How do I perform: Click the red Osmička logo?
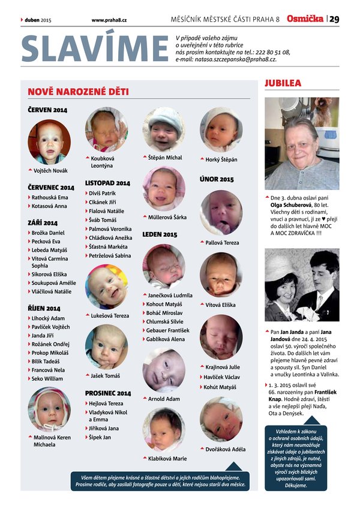click(305, 19)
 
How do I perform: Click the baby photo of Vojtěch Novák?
click(49, 142)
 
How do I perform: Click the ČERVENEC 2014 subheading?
click(51, 188)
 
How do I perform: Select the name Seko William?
click(47, 378)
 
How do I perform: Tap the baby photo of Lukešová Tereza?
click(106, 287)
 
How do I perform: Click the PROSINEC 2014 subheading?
click(108, 393)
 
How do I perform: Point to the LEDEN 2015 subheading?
click(160, 234)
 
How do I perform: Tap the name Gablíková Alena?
click(166, 339)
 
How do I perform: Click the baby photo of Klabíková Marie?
click(163, 429)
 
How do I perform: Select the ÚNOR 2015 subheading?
click(217, 179)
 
